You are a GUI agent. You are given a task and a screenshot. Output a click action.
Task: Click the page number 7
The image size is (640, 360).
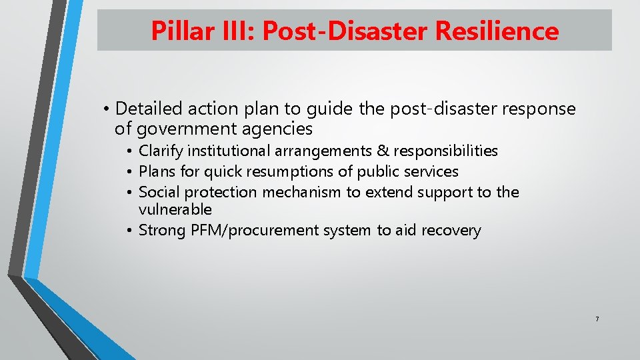pos(597,319)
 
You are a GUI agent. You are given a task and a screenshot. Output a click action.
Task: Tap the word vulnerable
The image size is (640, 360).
pos(175,209)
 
